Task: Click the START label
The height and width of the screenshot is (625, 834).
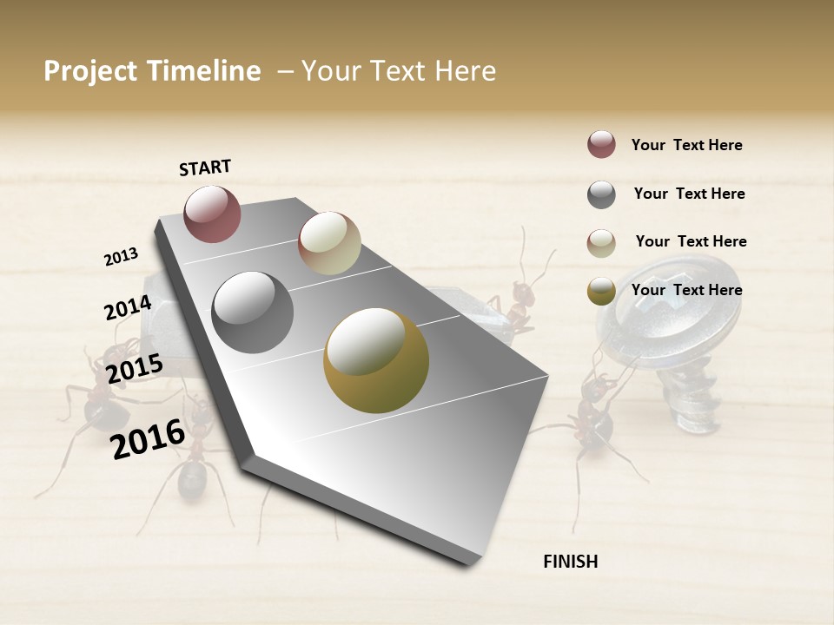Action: point(205,168)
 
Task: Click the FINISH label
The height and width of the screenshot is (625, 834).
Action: point(570,562)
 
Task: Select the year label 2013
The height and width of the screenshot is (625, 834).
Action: point(121,257)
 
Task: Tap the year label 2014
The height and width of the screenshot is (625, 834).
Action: point(128,308)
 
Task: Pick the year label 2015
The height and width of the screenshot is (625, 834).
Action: point(135,370)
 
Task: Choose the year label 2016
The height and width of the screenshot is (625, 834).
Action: point(148,438)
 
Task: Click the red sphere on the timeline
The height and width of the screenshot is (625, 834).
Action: point(212,214)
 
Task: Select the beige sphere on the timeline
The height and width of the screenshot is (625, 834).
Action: point(329,243)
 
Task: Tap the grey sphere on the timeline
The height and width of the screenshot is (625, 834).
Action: point(253,312)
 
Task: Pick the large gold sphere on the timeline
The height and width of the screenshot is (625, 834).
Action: point(376,360)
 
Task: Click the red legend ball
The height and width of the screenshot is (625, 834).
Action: point(601,144)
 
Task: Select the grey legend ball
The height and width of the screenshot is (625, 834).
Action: point(601,194)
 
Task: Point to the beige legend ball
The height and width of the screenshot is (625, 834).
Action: point(601,243)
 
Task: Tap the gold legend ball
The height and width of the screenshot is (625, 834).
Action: point(601,291)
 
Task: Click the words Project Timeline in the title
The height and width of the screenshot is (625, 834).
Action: point(152,71)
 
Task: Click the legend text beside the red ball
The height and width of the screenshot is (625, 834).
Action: point(686,145)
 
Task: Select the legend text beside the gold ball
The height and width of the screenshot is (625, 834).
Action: point(686,290)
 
